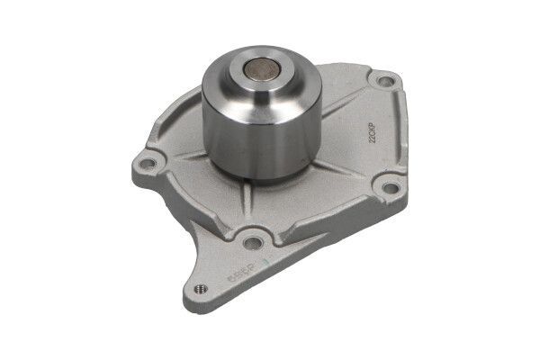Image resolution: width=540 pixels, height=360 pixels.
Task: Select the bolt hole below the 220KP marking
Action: (x=390, y=187)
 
